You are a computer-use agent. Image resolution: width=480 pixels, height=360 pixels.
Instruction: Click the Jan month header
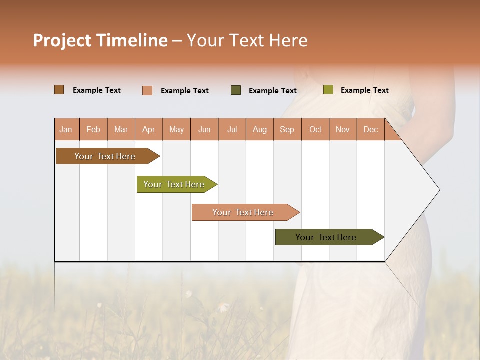[66, 130]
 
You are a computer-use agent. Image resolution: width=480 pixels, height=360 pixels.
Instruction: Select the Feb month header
[93, 130]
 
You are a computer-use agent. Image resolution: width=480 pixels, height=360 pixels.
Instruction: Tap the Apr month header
[148, 130]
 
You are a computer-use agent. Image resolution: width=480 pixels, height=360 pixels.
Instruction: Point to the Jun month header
[204, 130]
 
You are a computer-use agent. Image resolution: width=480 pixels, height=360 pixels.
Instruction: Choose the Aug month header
[259, 130]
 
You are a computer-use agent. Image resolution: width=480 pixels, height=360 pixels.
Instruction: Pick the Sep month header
[287, 130]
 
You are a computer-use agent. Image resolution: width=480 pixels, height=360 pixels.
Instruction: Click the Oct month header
[315, 130]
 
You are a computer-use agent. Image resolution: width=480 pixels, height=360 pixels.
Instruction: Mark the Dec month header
[370, 130]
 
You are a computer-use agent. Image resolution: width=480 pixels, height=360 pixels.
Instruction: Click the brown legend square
[59, 90]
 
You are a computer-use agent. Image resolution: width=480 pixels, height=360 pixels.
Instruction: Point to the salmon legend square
[147, 90]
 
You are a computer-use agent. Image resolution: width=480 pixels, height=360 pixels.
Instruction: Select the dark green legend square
[235, 90]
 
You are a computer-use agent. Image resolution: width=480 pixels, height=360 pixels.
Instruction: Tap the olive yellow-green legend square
[328, 90]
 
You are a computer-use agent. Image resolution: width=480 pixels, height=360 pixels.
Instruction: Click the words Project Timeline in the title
[100, 40]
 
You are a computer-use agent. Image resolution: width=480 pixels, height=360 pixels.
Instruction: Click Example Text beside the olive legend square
[364, 90]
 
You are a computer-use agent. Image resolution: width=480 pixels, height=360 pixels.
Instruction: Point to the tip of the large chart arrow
[438, 190]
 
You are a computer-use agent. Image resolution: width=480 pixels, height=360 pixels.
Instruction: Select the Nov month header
[343, 130]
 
